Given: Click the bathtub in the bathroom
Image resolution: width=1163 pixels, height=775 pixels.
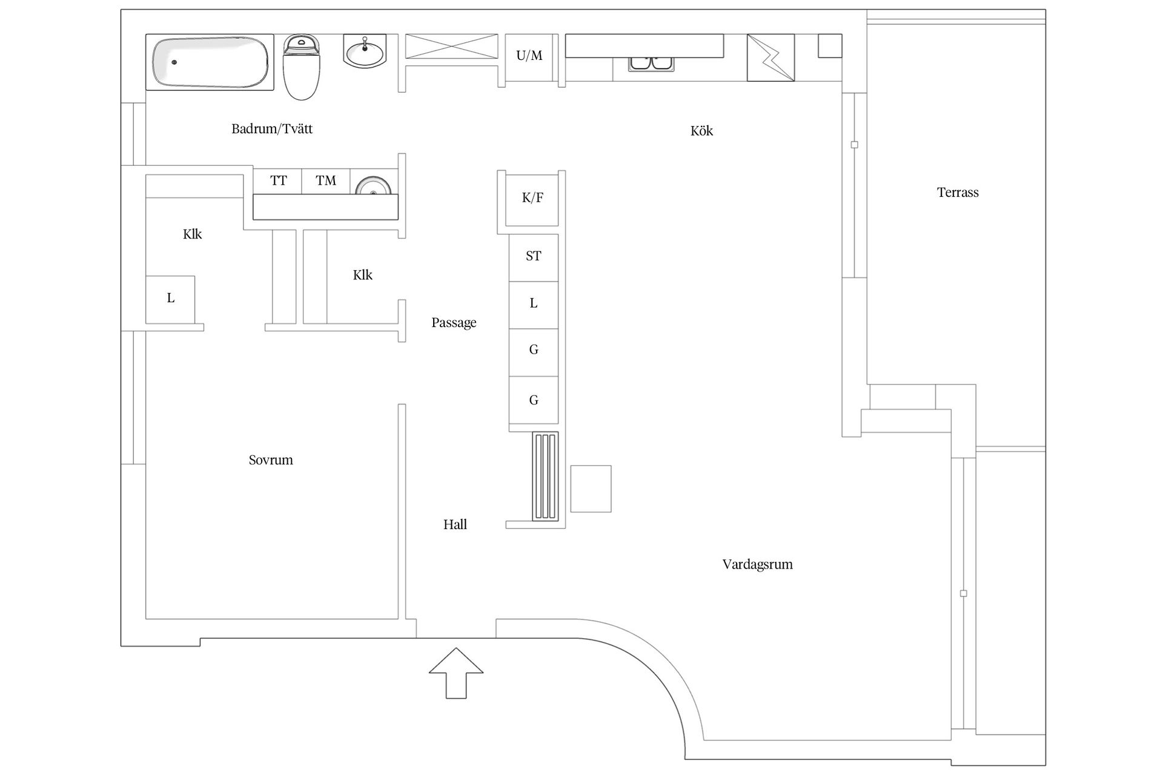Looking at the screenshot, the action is [210, 62].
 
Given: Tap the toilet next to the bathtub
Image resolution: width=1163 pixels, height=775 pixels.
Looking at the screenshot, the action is [301, 67].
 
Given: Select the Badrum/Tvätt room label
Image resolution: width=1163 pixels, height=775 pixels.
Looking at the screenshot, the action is [272, 129].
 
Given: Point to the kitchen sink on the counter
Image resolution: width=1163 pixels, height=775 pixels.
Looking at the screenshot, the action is [651, 64].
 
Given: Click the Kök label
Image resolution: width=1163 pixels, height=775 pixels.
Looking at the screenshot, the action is [701, 131].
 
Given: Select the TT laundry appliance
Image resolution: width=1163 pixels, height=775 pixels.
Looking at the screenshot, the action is [278, 181].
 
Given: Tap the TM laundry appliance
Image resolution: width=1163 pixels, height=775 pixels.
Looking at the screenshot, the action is [326, 181].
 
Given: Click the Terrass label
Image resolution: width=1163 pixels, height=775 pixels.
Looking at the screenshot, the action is [958, 193].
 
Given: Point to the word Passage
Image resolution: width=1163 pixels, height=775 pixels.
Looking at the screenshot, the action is [454, 323].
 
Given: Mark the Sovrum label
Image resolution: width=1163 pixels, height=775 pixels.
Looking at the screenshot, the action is [271, 460].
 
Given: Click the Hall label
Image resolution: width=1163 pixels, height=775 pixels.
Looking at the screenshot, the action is [455, 524].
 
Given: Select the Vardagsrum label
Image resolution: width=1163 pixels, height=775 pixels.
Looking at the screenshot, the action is [757, 565].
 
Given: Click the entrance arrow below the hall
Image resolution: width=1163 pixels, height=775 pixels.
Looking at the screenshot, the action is [456, 673].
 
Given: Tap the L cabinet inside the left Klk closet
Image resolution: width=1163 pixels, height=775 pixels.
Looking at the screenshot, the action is [170, 299].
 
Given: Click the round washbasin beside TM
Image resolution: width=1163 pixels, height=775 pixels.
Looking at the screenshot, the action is [373, 186].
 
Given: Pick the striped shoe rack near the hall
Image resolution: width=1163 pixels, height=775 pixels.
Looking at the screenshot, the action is [545, 476].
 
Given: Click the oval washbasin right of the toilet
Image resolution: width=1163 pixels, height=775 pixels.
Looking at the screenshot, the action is [365, 51].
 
